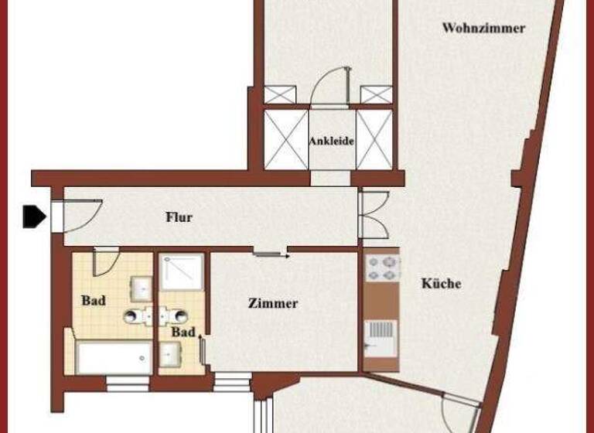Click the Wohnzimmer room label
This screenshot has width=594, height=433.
pyautogui.click(x=483, y=29)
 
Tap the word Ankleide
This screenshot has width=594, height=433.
pyautogui.click(x=331, y=141)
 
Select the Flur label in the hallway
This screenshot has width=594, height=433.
pyautogui.click(x=179, y=217)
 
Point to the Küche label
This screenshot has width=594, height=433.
pyautogui.click(x=441, y=284)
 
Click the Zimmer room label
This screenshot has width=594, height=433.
pyautogui.click(x=272, y=303)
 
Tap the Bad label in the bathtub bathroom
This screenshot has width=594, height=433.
pyautogui.click(x=93, y=300)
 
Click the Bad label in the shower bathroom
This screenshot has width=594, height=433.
pyautogui.click(x=183, y=332)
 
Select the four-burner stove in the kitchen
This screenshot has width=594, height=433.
pyautogui.click(x=381, y=268)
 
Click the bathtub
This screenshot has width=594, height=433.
pyautogui.click(x=114, y=360)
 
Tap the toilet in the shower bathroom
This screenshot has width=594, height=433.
pyautogui.click(x=179, y=315)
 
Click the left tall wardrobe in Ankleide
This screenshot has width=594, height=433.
pyautogui.click(x=285, y=140)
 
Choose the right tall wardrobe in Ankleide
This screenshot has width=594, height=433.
pyautogui.click(x=374, y=140)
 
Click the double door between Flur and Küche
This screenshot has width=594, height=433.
pyautogui.click(x=374, y=215)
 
